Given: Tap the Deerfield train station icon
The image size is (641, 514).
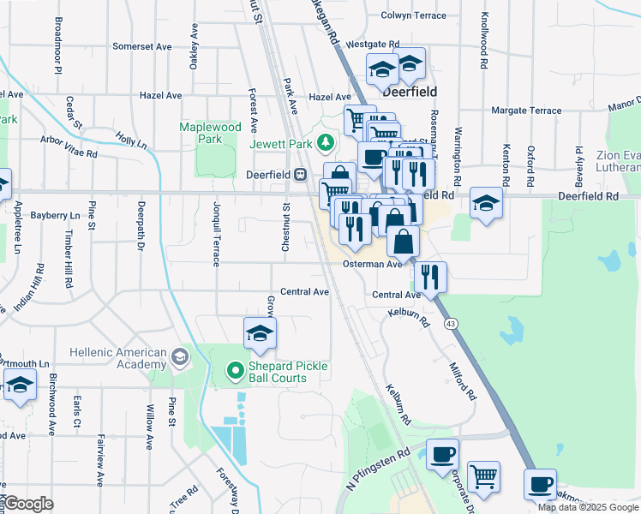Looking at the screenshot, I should click(x=300, y=175).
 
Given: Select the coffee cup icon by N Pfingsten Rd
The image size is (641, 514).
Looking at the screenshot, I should click(x=442, y=454).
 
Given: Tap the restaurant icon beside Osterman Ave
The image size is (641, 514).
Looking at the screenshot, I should click(x=430, y=276).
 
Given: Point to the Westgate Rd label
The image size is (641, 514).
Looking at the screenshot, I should click(x=373, y=44).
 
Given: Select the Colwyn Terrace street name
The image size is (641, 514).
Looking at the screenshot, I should click(x=414, y=15).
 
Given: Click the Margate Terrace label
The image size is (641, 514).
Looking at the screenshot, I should click(x=527, y=111).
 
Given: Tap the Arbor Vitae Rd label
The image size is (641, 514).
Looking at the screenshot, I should click(x=69, y=146).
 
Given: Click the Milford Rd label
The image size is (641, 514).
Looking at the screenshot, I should click(x=462, y=381).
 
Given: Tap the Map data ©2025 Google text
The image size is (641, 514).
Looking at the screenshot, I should click(x=589, y=507).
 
